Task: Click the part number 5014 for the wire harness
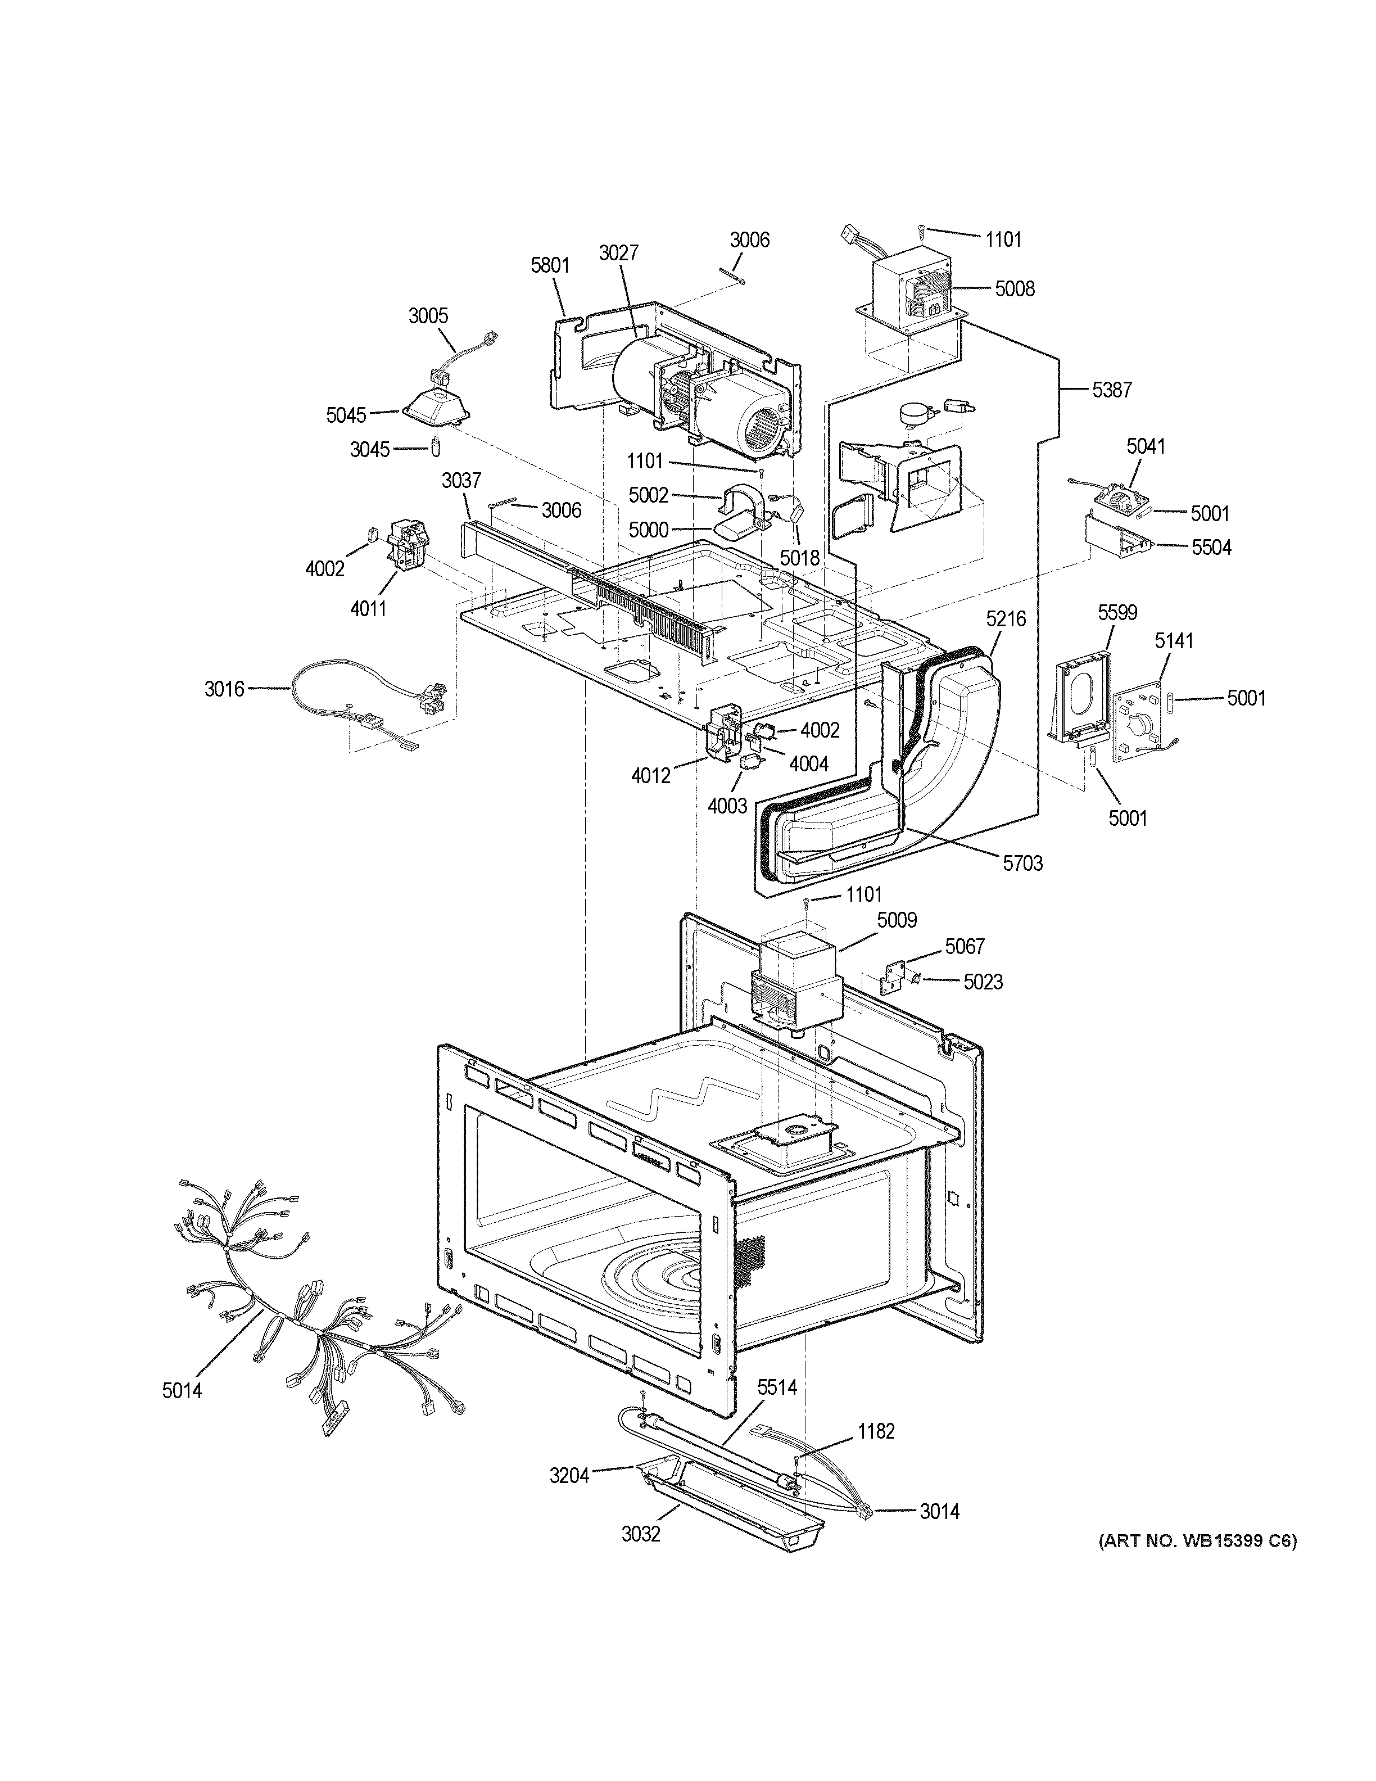(182, 1390)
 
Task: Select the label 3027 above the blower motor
(619, 253)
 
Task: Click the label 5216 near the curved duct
(1006, 619)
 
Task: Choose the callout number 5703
(1022, 863)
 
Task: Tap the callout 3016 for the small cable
(224, 689)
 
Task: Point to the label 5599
(1117, 612)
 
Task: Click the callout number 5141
(1173, 641)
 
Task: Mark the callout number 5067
(965, 946)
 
